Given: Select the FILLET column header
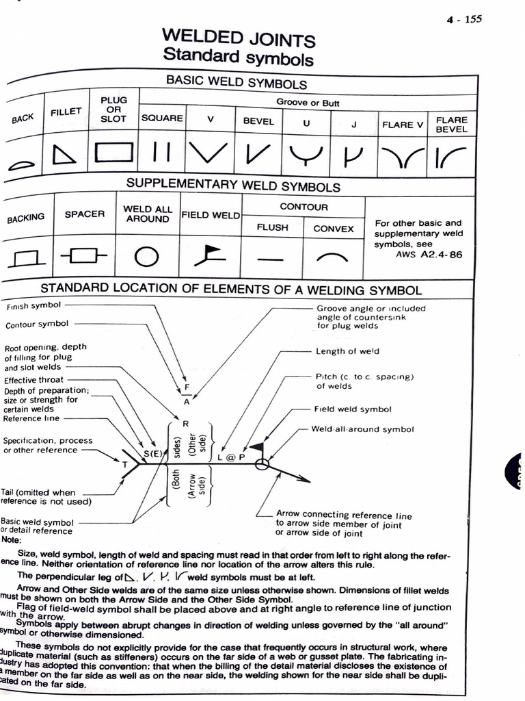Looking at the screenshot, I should click(66, 112).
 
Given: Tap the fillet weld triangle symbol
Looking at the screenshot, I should click(64, 155).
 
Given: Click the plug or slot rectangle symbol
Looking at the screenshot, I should click(113, 152).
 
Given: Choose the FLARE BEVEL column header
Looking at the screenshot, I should click(451, 125).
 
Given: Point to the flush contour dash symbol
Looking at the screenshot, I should click(272, 259).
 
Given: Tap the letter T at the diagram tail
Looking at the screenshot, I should click(124, 465).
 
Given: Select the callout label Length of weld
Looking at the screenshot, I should click(347, 351).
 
